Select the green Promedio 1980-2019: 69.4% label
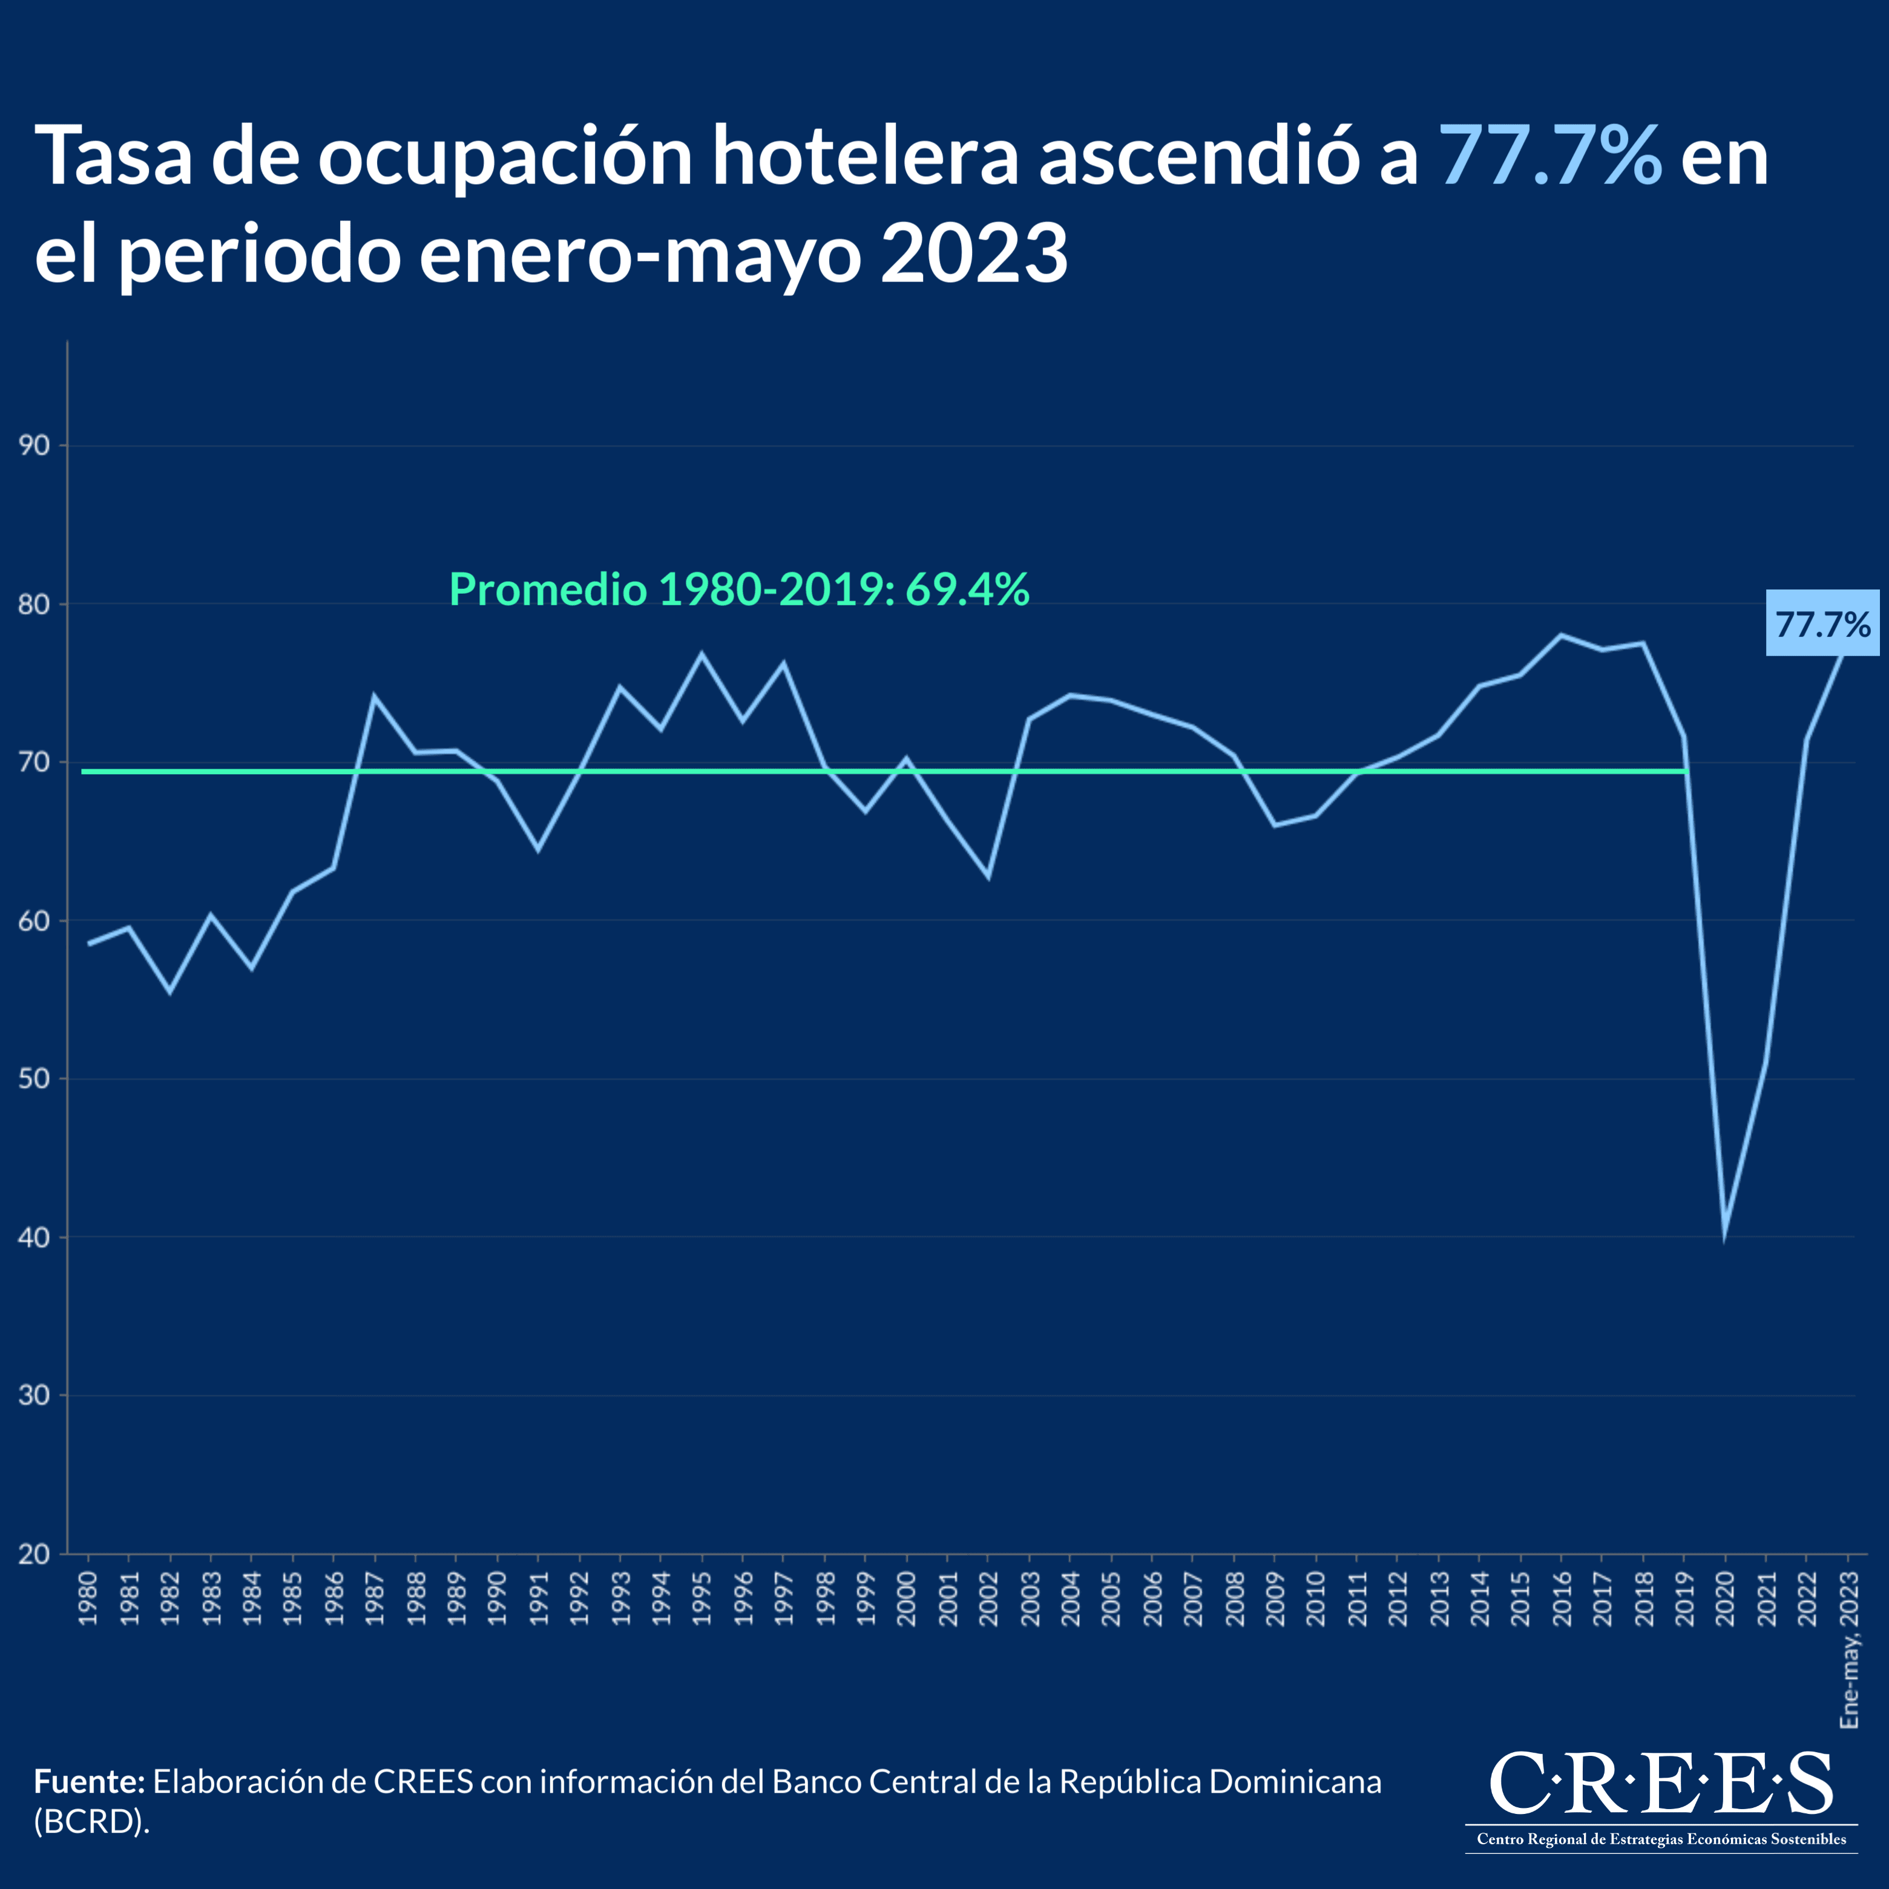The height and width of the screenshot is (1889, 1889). click(x=738, y=590)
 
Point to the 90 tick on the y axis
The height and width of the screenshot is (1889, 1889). click(x=34, y=446)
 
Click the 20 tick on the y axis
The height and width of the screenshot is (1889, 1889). click(x=34, y=1554)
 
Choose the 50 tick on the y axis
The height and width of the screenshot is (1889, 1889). click(x=34, y=1079)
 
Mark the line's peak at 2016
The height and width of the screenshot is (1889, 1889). click(x=1562, y=636)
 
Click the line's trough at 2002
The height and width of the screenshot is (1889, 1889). click(x=988, y=876)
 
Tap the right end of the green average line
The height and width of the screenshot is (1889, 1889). click(x=1686, y=772)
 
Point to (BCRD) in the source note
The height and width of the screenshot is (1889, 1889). click(x=92, y=1822)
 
